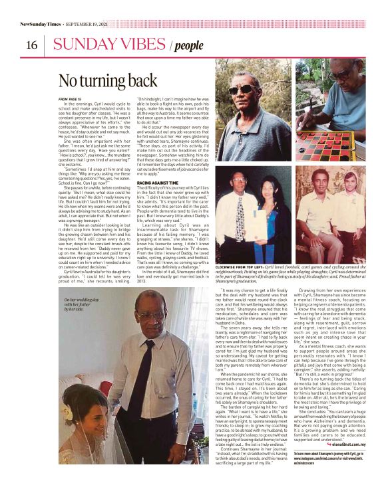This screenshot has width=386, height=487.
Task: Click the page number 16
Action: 31,45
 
